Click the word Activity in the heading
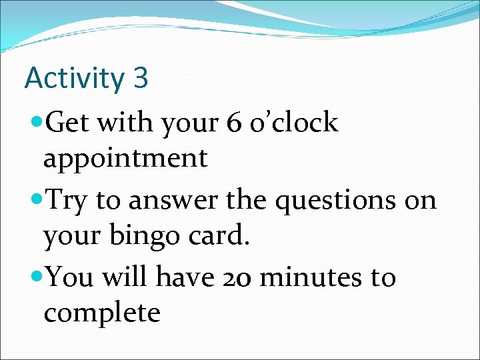pos(74,79)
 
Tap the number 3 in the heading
pos(140,78)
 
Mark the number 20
pos(236,278)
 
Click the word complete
pos(102,314)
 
